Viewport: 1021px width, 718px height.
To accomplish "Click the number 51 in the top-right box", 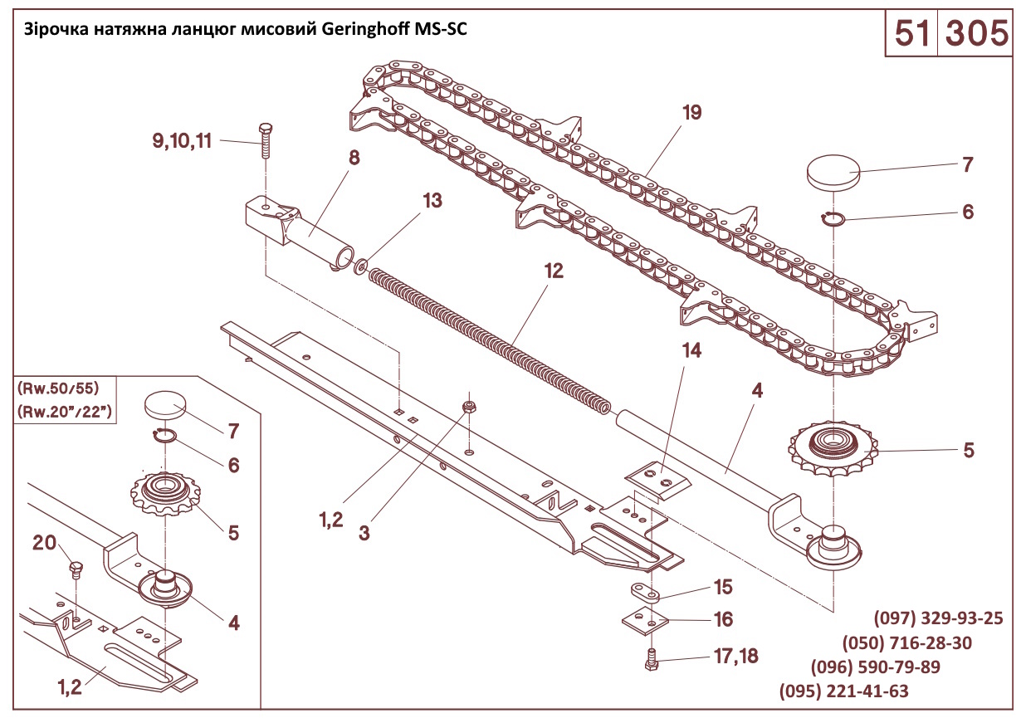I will point(911,32).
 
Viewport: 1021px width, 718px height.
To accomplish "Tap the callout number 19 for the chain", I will point(691,113).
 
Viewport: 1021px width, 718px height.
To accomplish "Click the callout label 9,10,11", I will point(182,141).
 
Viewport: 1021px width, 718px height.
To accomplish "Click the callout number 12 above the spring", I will point(553,271).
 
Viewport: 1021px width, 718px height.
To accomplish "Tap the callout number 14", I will point(691,351).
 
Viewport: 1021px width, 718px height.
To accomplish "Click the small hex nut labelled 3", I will point(468,407).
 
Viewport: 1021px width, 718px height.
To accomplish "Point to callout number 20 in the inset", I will point(44,543).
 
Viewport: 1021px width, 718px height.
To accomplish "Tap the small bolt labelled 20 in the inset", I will point(76,569).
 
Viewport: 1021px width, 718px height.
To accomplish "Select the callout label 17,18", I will point(735,657).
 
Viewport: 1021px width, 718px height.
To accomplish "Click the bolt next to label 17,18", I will point(652,662).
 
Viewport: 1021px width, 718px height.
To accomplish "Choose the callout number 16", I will point(722,619).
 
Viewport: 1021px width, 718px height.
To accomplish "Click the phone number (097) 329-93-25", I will point(938,618).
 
